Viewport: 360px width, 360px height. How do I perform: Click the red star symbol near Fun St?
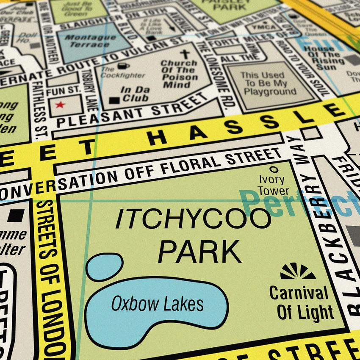pyautogui.click(x=61, y=104)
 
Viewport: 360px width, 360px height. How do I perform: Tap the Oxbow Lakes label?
pyautogui.click(x=157, y=303)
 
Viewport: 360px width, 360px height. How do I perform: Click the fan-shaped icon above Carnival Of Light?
pyautogui.click(x=298, y=272)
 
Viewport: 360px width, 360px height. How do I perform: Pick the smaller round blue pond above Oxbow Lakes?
pyautogui.click(x=104, y=266)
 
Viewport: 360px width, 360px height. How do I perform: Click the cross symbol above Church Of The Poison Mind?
pyautogui.click(x=185, y=55)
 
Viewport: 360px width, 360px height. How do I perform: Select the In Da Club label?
pyautogui.click(x=135, y=94)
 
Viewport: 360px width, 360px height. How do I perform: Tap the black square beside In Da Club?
pyautogui.click(x=114, y=100)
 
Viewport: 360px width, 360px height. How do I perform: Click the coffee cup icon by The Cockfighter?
pyautogui.click(x=123, y=66)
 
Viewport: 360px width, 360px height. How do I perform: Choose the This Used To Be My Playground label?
pyautogui.click(x=269, y=83)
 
